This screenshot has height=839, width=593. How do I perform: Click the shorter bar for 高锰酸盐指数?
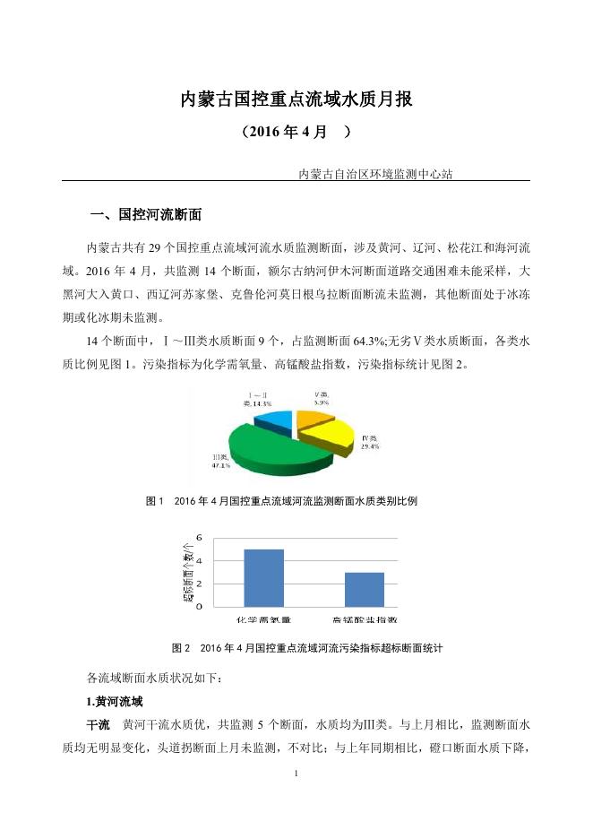364,589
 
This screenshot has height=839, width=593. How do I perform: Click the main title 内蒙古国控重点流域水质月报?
296,99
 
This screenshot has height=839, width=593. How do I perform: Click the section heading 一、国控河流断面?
148,215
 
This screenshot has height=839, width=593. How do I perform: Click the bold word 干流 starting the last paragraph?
98,723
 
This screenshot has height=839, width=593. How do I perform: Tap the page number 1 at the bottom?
296,772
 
